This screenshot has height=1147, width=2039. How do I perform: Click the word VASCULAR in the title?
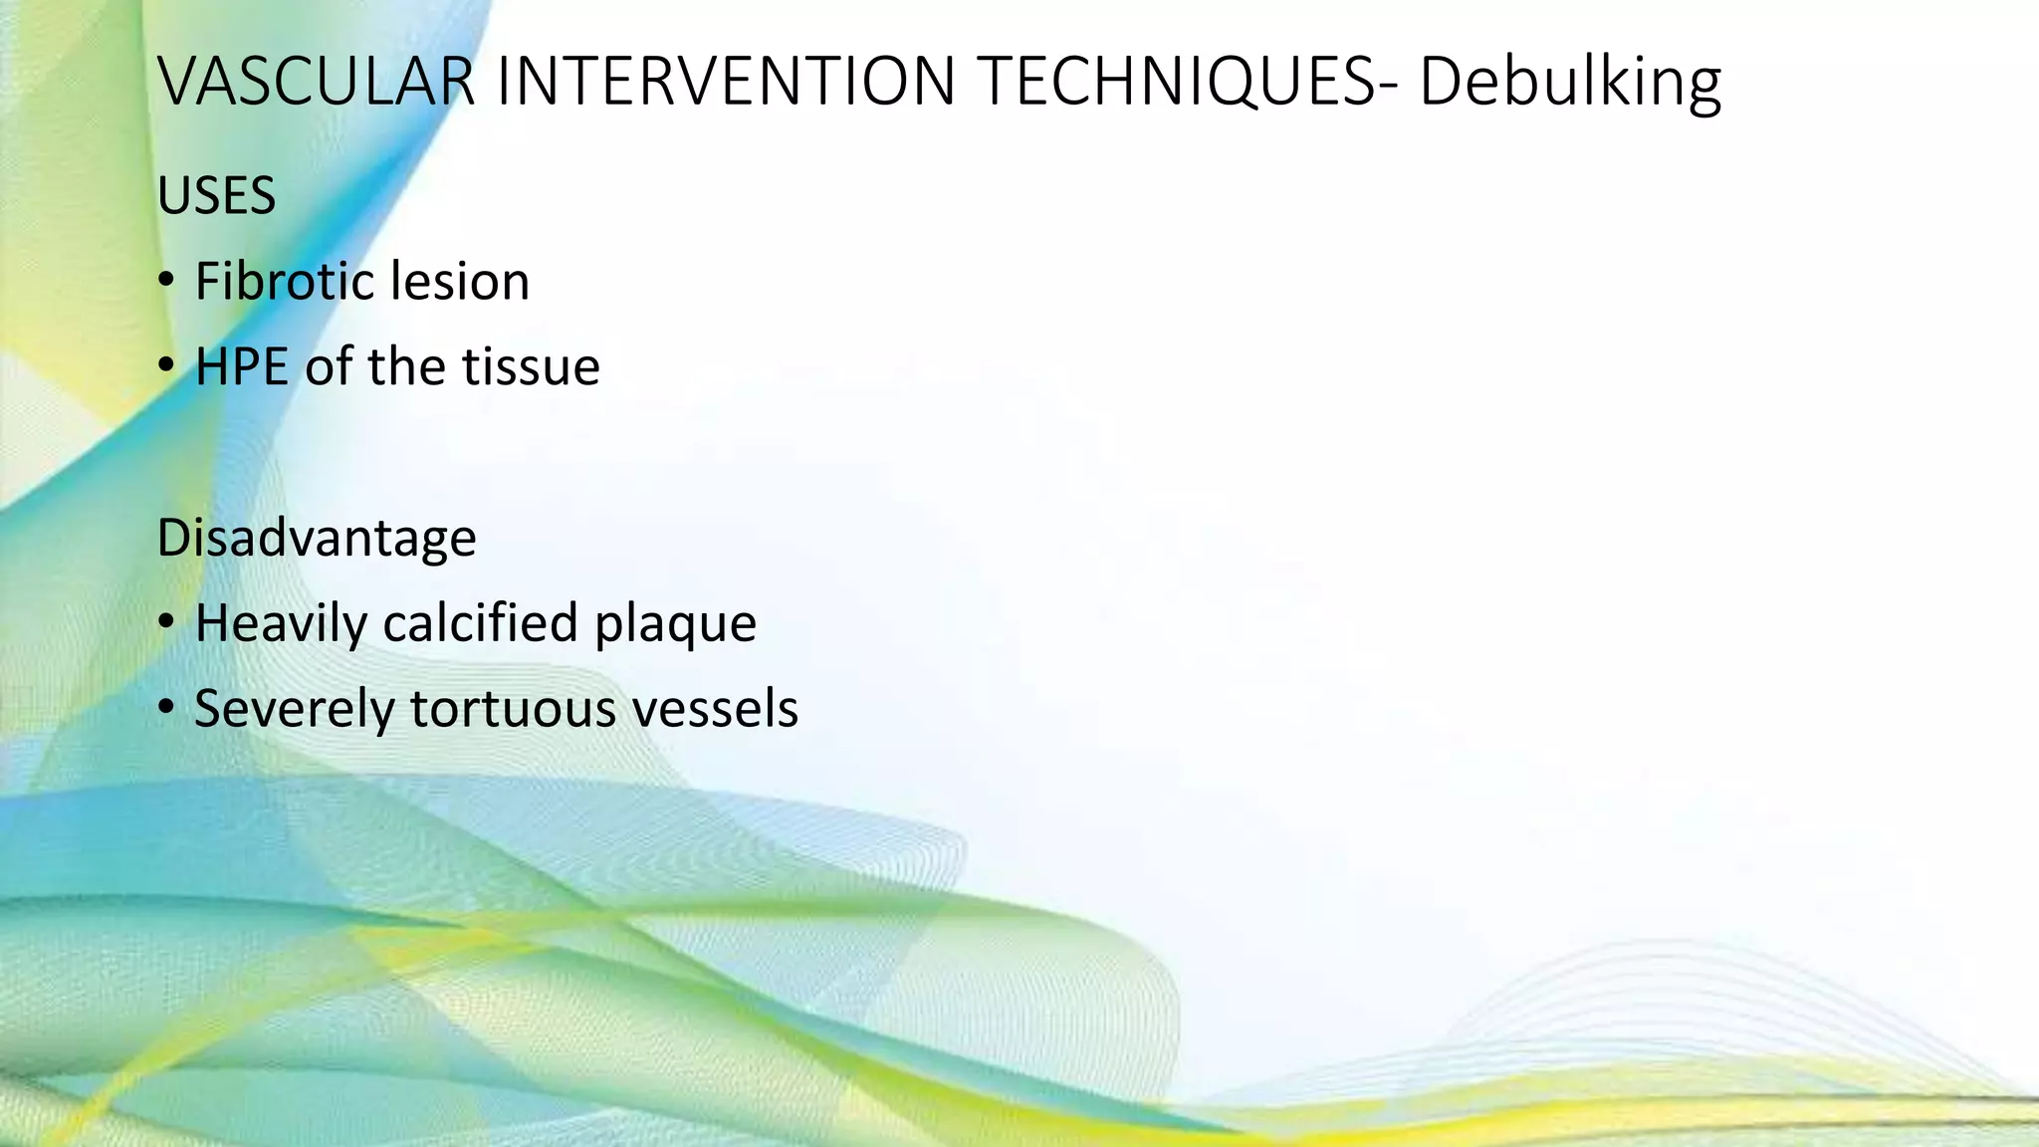tap(317, 82)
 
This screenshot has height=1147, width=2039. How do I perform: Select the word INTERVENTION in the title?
tap(726, 82)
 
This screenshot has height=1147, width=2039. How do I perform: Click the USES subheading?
tap(216, 196)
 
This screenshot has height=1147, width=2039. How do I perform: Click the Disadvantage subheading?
tap(317, 539)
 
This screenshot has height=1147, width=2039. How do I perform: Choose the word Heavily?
tap(281, 624)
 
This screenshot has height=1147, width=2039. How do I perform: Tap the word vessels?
tap(715, 710)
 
